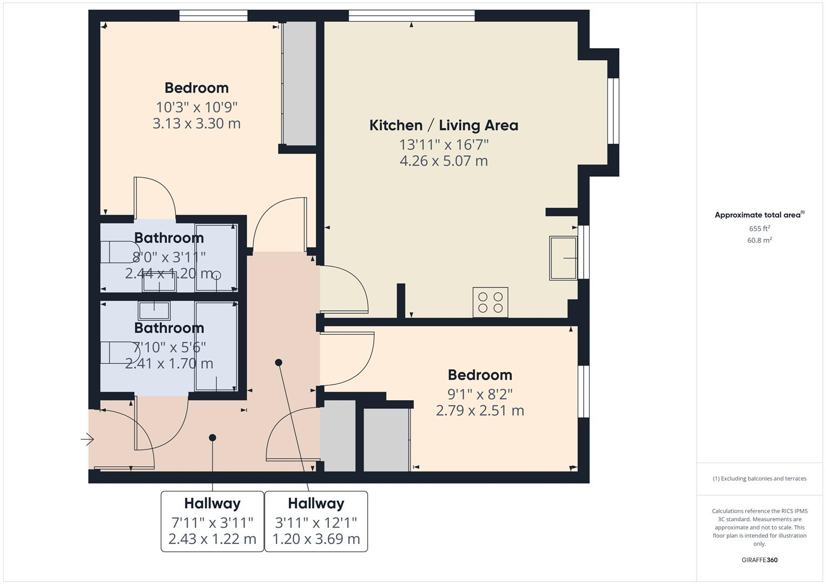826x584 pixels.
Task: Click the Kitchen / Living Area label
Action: (444, 125)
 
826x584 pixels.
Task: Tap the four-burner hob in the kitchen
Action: (490, 302)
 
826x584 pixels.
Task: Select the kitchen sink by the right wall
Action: (563, 258)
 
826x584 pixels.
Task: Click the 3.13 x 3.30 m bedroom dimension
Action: (196, 124)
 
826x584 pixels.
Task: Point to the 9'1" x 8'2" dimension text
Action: (480, 394)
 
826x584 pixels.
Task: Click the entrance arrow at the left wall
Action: (87, 439)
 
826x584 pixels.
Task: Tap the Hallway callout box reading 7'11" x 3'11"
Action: (212, 521)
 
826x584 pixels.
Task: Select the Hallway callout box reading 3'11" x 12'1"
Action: (316, 521)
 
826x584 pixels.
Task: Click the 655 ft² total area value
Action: (759, 229)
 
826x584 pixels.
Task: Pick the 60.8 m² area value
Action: (759, 241)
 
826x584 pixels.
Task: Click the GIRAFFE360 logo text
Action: (759, 560)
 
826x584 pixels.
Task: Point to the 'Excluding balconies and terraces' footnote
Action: (759, 479)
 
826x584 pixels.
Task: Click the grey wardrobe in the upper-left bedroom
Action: (300, 84)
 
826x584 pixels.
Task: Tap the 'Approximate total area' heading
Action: (759, 215)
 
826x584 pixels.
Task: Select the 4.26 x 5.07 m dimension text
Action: (444, 161)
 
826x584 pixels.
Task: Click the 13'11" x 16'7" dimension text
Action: (444, 145)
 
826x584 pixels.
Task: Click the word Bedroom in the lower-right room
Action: (480, 375)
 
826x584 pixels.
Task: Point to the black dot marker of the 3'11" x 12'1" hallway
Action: (279, 362)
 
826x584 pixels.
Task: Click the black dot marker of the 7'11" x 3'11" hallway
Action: (213, 437)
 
